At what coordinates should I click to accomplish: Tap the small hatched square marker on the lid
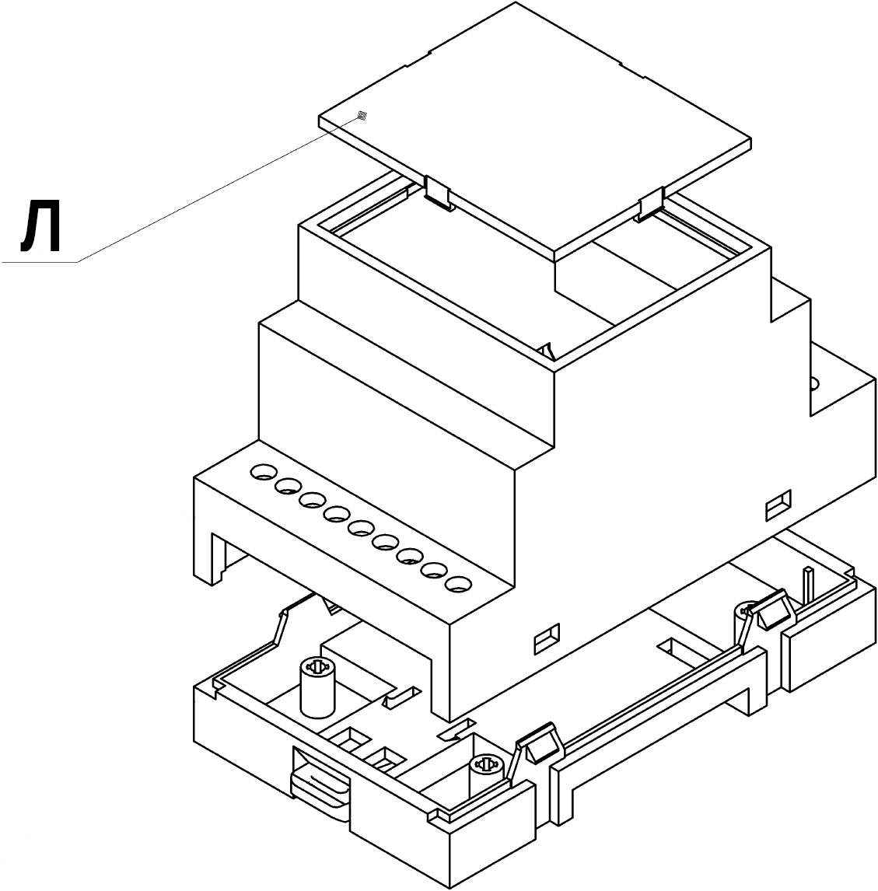tap(362, 117)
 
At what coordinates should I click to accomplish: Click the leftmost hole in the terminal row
tap(263, 472)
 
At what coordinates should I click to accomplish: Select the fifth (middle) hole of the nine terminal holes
tap(361, 529)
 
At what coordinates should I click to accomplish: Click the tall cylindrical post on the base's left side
tap(317, 688)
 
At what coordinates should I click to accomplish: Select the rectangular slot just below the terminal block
tap(547, 639)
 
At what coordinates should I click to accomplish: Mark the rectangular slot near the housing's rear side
tap(778, 505)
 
